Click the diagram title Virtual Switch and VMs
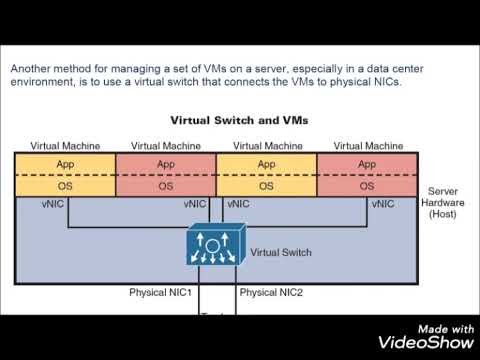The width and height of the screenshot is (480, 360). click(x=239, y=120)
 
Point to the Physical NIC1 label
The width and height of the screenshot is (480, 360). click(x=160, y=293)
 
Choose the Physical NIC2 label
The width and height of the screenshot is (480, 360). click(x=272, y=293)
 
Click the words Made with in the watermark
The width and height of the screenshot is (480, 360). click(x=446, y=328)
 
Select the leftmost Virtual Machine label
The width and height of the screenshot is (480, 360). click(x=65, y=145)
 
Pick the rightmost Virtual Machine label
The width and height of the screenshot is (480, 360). click(x=367, y=145)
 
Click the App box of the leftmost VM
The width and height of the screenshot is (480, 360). click(x=65, y=164)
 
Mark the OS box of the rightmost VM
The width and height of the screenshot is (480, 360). click(x=367, y=185)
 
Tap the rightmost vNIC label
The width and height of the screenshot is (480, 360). click(x=382, y=203)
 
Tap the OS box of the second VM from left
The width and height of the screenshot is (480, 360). click(x=166, y=185)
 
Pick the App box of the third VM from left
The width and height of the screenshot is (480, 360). click(x=266, y=164)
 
